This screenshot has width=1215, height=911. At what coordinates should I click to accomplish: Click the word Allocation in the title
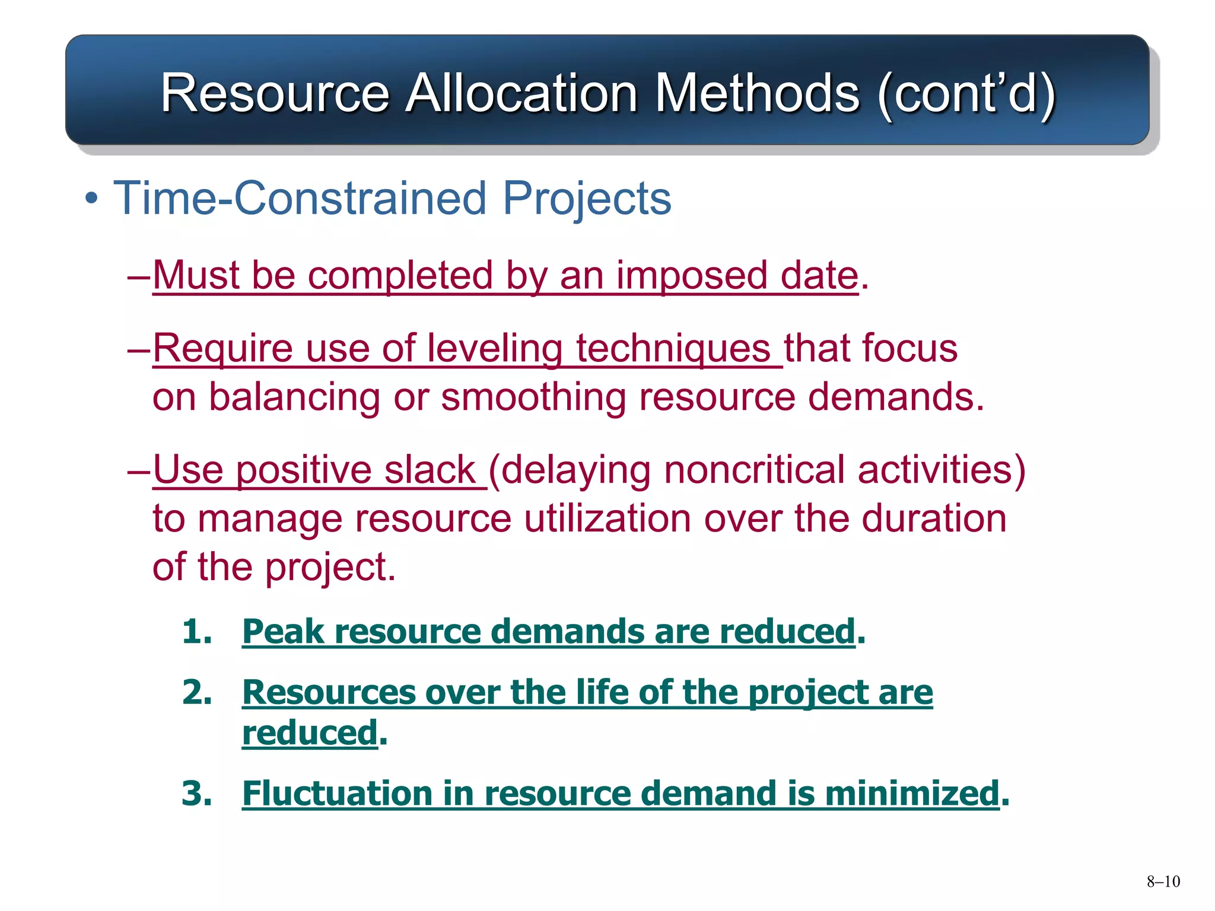pyautogui.click(x=521, y=93)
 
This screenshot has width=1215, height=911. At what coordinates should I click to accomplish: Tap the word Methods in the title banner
pyautogui.click(x=756, y=93)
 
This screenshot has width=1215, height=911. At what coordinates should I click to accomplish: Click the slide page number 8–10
pyautogui.click(x=1163, y=881)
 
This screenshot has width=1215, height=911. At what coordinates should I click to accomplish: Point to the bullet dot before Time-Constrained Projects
pyautogui.click(x=91, y=198)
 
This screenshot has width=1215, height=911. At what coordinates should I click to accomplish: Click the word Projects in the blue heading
pyautogui.click(x=587, y=198)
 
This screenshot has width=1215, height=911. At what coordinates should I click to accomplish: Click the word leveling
pyautogui.click(x=494, y=348)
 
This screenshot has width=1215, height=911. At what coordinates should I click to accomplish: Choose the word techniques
pyautogui.click(x=673, y=348)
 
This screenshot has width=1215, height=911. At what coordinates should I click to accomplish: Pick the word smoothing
pyautogui.click(x=533, y=397)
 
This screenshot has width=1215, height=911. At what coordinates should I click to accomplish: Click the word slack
pyautogui.click(x=430, y=470)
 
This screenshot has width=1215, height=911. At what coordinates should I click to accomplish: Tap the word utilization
pyautogui.click(x=607, y=518)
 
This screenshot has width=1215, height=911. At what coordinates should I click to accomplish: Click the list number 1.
pyautogui.click(x=196, y=630)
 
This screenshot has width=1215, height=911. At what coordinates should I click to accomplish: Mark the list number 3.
pyautogui.click(x=196, y=793)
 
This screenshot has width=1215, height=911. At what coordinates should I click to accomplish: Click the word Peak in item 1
pyautogui.click(x=283, y=631)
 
